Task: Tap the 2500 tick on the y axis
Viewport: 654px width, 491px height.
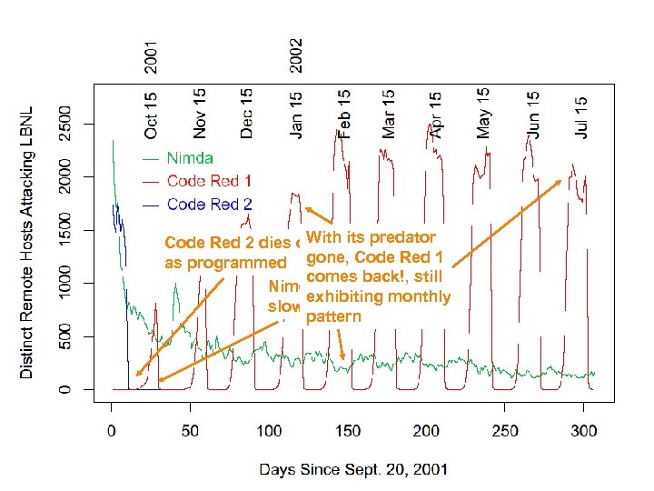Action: [63, 124]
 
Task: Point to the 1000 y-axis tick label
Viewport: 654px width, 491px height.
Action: [63, 283]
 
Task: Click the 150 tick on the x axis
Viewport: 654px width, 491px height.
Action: [347, 431]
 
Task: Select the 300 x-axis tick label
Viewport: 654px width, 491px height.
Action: [584, 431]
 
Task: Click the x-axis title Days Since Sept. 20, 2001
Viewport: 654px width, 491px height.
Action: [353, 470]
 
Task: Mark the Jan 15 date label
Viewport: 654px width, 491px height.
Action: [296, 114]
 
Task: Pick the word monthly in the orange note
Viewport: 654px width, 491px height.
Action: [415, 297]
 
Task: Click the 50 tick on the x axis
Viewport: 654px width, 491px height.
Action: [190, 431]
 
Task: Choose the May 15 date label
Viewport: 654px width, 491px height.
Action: [484, 114]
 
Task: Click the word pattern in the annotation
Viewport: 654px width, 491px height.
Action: [334, 318]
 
